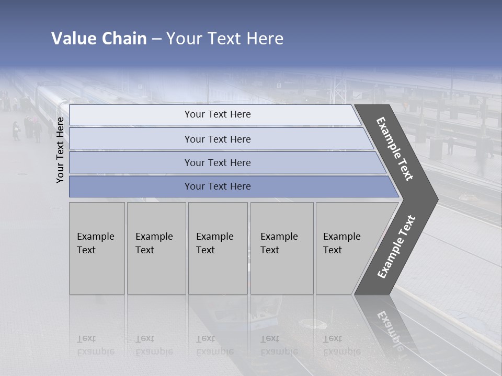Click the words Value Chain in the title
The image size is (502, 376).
pyautogui.click(x=99, y=39)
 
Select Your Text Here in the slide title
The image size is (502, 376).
pyautogui.click(x=225, y=39)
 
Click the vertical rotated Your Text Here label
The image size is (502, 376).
pyautogui.click(x=60, y=150)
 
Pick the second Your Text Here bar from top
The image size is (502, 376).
pyautogui.click(x=217, y=139)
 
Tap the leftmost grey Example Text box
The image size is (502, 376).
pyautogui.click(x=97, y=248)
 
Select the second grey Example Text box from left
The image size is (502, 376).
pyautogui.click(x=156, y=248)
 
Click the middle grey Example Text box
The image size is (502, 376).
pyautogui.click(x=218, y=248)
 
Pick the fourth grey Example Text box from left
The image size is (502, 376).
pyautogui.click(x=282, y=248)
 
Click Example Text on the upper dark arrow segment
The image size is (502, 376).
pyautogui.click(x=395, y=149)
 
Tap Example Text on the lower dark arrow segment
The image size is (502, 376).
pyautogui.click(x=396, y=246)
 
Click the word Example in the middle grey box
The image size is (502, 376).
pyautogui.click(x=214, y=237)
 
